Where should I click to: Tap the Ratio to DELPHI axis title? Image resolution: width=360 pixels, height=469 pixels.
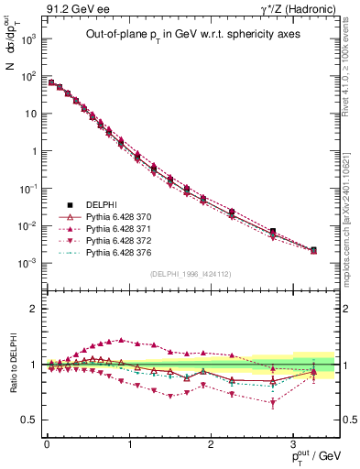[11, 364]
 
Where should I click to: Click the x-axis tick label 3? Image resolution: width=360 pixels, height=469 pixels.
[293, 445]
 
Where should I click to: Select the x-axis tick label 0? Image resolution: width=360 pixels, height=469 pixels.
[47, 445]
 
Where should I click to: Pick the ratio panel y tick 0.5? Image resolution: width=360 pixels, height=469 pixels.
[30, 420]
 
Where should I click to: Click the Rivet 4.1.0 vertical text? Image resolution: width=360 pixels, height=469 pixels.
[352, 64]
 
